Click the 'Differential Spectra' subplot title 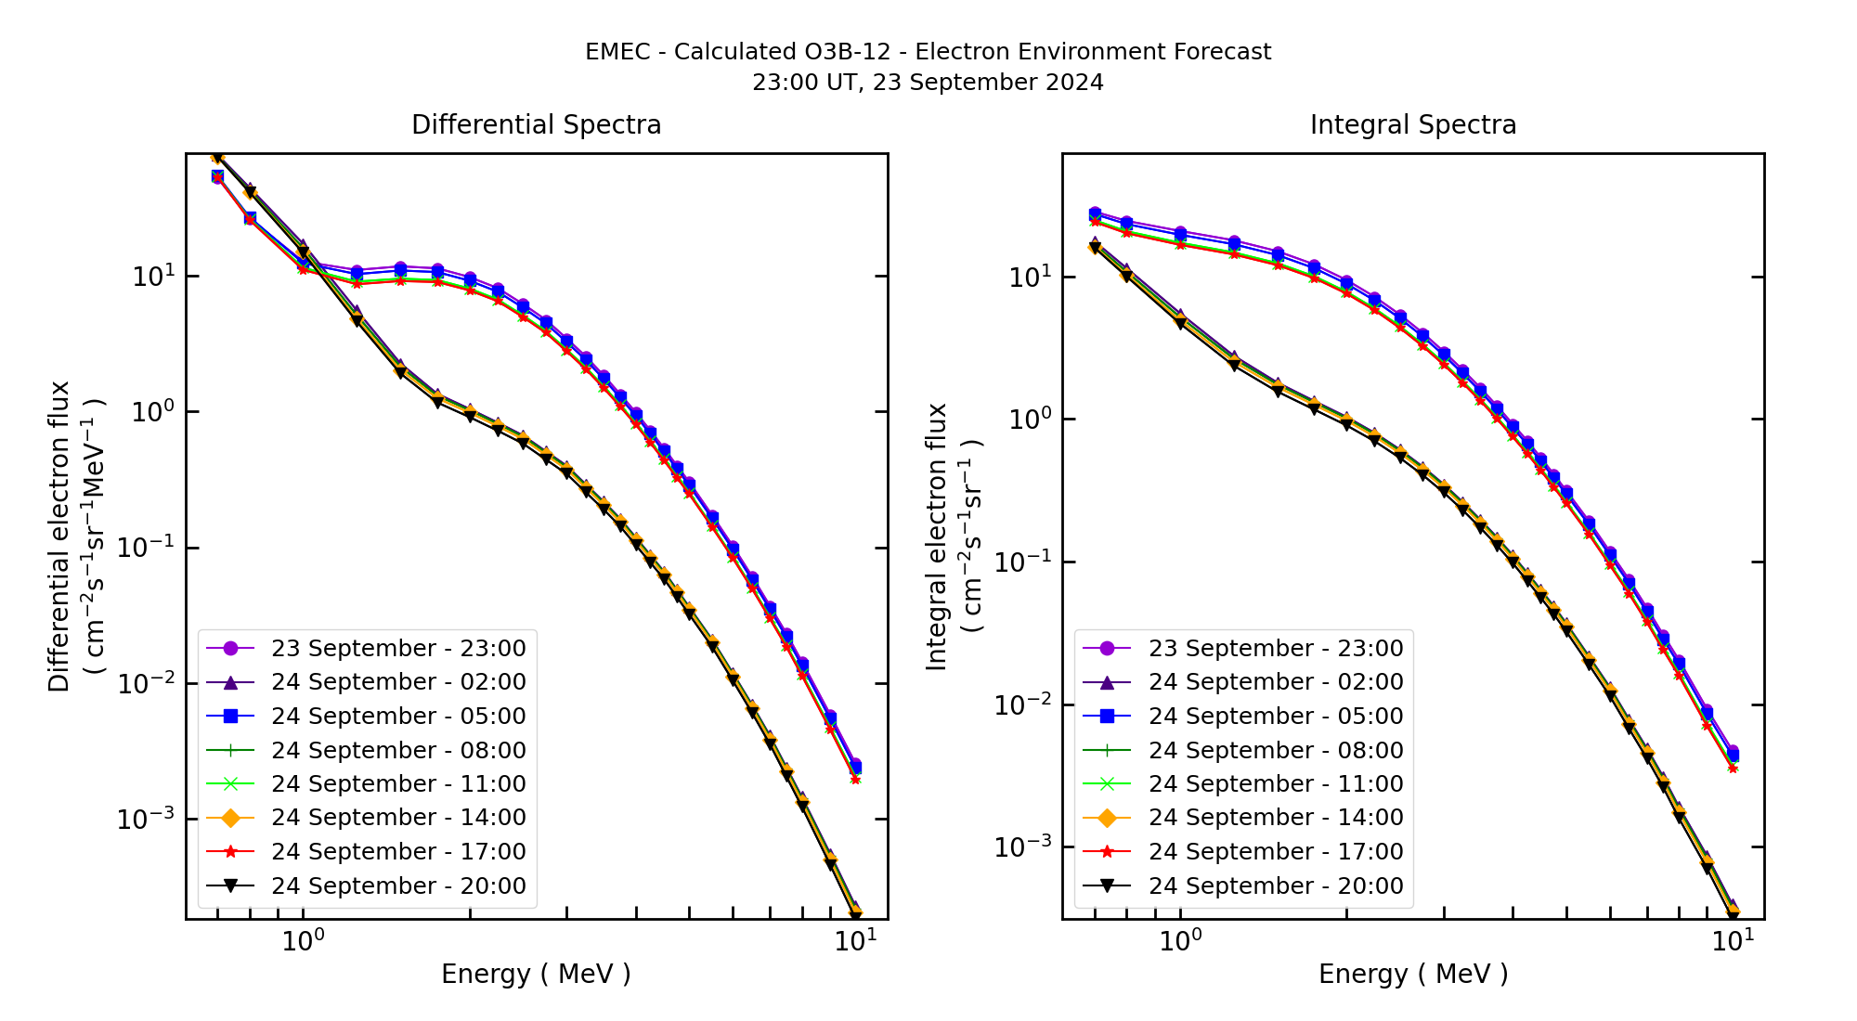[536, 124]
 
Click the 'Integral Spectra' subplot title [1412, 124]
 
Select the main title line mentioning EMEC [928, 52]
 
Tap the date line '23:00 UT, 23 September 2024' [928, 83]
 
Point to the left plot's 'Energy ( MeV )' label [536, 974]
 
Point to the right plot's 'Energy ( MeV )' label [1412, 974]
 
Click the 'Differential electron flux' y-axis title [59, 536]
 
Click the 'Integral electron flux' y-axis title [936, 536]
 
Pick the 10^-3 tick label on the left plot [146, 820]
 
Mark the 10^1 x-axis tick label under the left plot [854, 942]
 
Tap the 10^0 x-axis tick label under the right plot [1180, 942]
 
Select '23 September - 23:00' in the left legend [398, 648]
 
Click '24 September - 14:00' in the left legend [398, 818]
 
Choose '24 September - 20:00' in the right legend [1276, 885]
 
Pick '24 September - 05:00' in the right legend [1276, 716]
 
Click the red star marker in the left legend [231, 851]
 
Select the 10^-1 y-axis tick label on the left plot [146, 548]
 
